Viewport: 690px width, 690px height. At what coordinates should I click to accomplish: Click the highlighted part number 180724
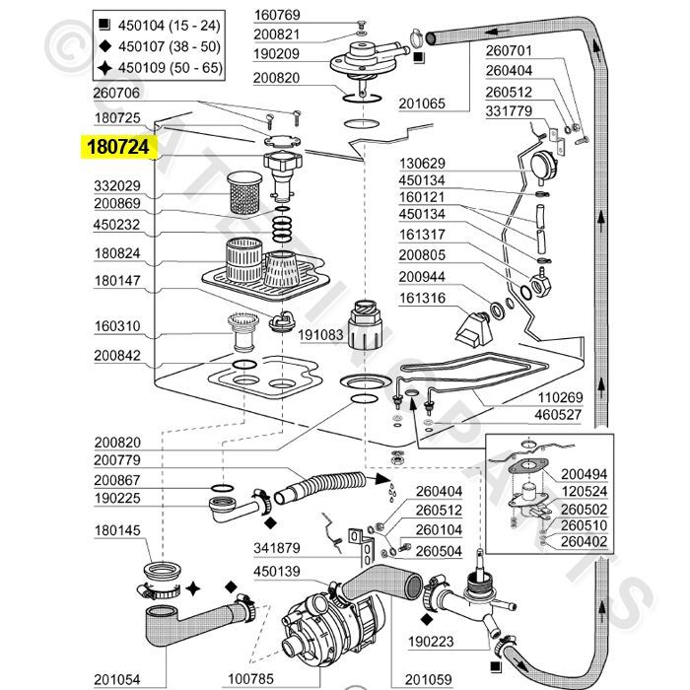pyautogui.click(x=117, y=148)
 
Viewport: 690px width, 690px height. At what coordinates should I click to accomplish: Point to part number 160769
pyautogui.click(x=251, y=15)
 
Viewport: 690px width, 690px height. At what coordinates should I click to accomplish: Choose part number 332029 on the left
pyautogui.click(x=117, y=185)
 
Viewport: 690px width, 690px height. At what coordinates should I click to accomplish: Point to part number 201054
pyautogui.click(x=117, y=678)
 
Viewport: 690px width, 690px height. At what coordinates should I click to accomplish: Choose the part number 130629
pyautogui.click(x=423, y=163)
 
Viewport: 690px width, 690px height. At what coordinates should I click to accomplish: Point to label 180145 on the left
pyautogui.click(x=117, y=530)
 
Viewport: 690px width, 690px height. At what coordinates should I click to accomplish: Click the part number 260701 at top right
pyautogui.click(x=510, y=51)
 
